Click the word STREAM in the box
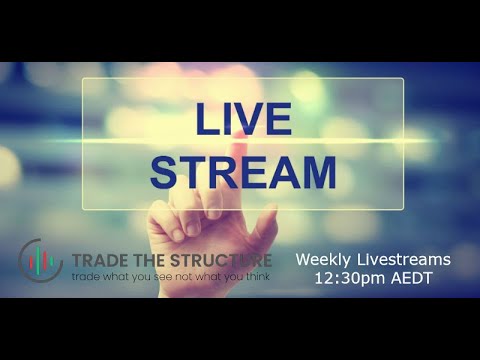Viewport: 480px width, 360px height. click(x=243, y=172)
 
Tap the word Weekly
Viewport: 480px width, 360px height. click(x=322, y=260)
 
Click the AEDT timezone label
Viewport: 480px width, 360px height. click(x=412, y=278)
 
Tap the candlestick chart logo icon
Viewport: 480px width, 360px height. click(x=41, y=262)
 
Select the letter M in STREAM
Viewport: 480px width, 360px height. click(x=316, y=172)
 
